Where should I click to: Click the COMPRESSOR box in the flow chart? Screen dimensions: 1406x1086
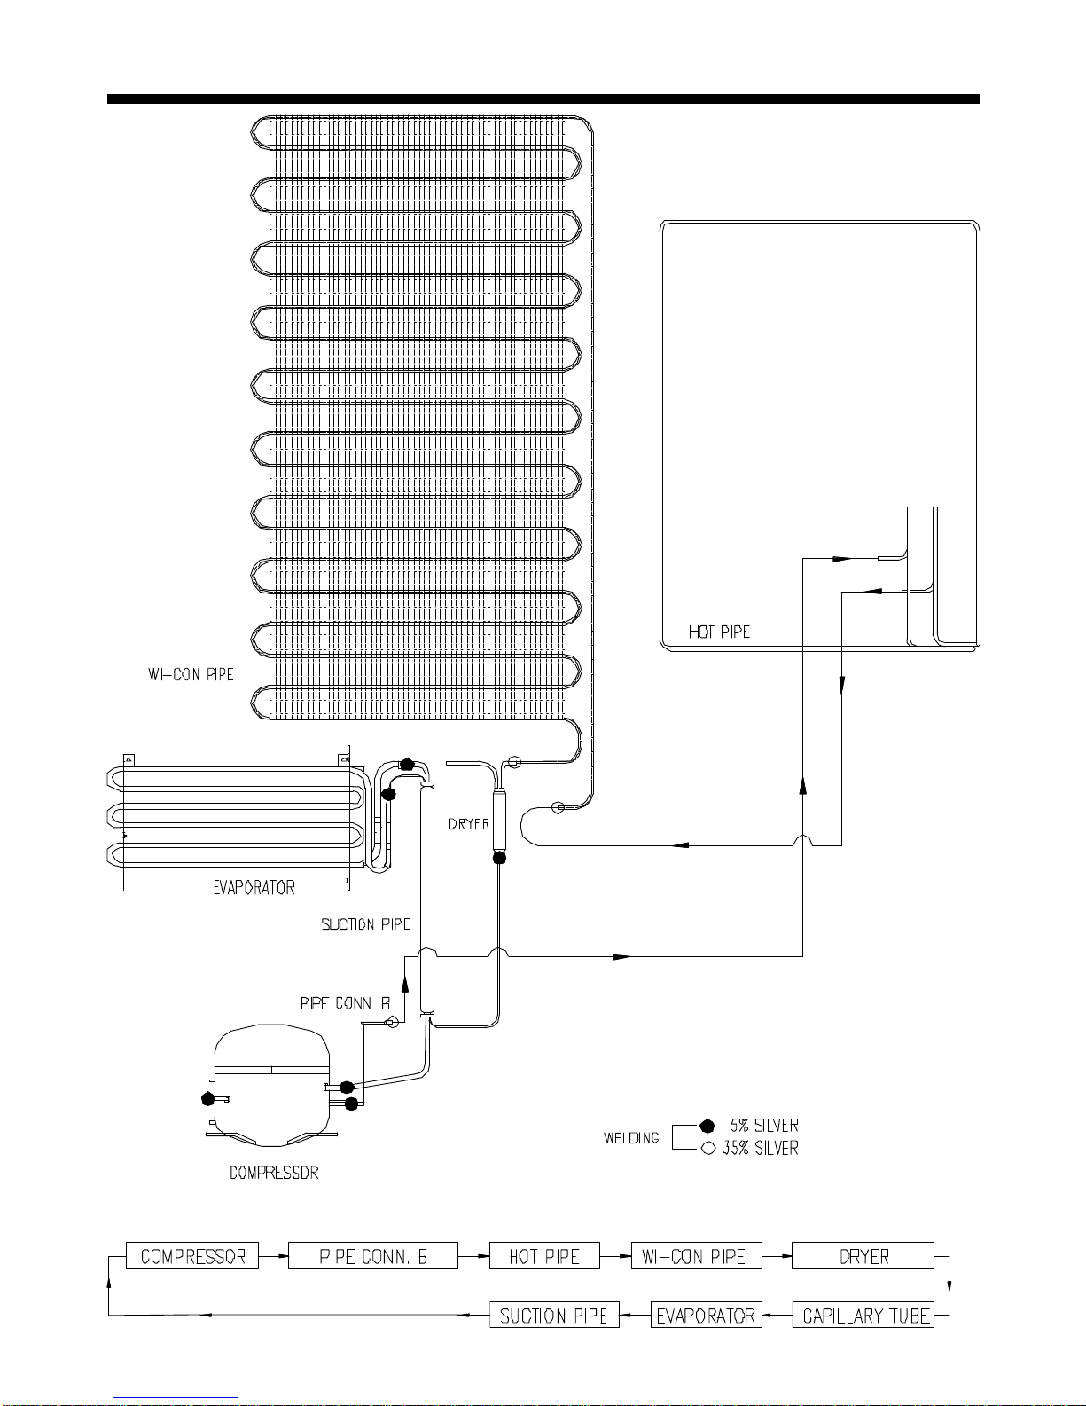192,1256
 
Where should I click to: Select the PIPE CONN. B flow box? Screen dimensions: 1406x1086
373,1256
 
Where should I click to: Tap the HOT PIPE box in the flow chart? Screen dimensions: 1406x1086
544,1256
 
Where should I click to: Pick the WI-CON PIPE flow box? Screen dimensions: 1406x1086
696,1256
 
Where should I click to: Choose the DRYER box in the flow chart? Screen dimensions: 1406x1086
863,1256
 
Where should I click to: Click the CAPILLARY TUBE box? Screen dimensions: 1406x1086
863,1316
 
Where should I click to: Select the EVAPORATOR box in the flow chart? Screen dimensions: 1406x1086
706,1316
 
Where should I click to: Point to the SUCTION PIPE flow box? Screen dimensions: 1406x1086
554,1316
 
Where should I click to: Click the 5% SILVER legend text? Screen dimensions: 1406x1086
764,1126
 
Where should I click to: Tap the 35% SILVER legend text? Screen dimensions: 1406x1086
760,1149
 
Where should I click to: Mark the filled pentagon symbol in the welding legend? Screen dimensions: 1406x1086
707,1126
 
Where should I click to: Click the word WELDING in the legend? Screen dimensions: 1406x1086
631,1138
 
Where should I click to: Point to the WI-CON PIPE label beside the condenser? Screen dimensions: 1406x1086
191,675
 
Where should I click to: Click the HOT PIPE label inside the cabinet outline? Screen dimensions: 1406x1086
719,632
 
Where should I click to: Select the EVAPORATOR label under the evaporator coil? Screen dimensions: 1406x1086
254,888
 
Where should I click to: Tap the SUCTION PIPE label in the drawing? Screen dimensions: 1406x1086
365,925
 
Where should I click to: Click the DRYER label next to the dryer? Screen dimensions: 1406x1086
468,824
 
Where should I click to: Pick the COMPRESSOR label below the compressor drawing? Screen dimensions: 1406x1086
274,1173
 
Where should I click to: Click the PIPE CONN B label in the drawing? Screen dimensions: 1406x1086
345,1004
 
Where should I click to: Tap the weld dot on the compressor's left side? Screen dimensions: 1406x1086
208,1098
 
